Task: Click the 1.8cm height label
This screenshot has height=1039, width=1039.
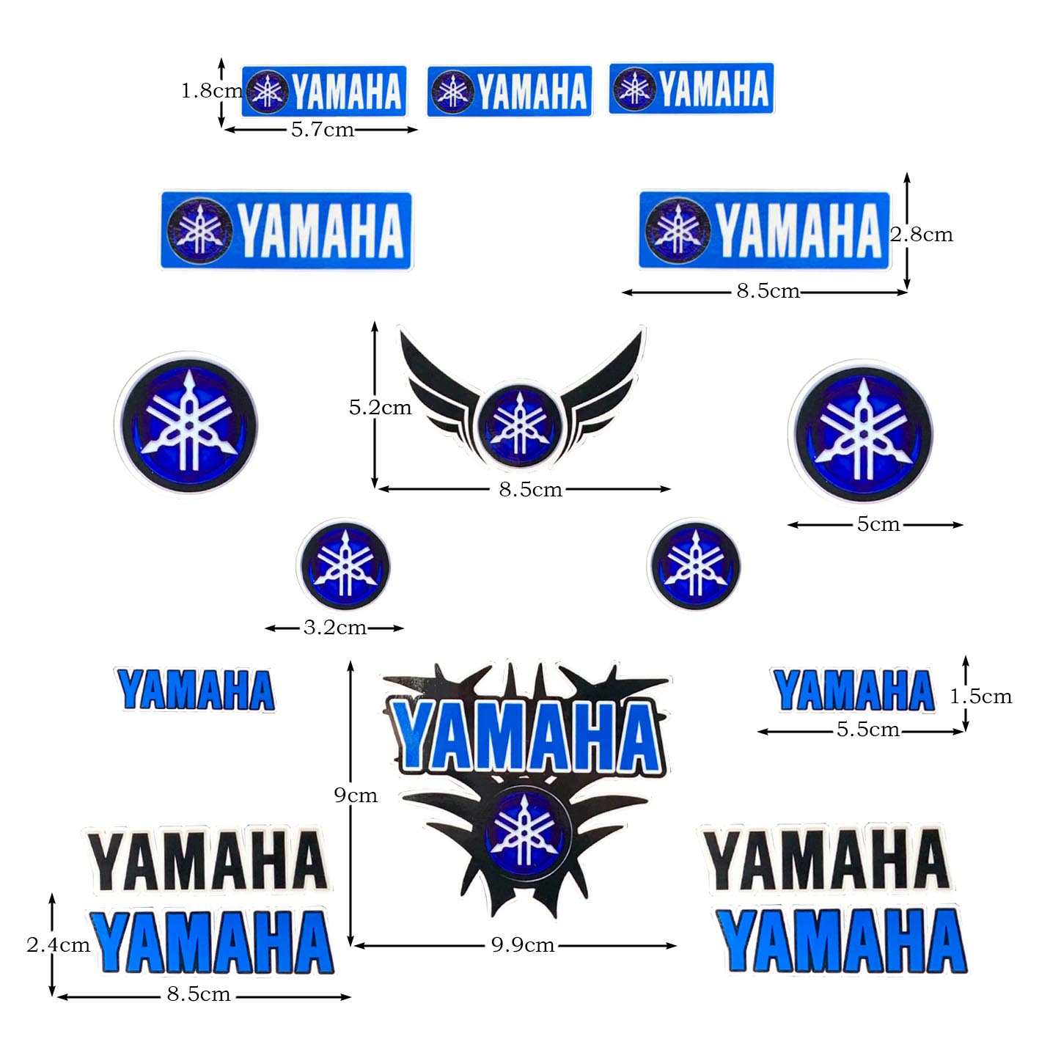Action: coord(211,91)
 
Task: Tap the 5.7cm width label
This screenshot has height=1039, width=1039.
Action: coord(322,130)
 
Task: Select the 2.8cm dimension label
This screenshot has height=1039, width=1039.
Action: coord(922,235)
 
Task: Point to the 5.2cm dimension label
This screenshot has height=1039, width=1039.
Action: coord(380,407)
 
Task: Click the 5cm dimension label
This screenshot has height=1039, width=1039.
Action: coord(878,524)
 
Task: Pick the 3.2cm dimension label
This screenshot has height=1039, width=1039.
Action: coord(334,628)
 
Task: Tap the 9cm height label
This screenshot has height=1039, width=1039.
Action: coord(356,795)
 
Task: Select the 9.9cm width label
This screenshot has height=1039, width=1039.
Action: coord(522,945)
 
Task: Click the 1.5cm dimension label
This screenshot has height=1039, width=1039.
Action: coord(981,696)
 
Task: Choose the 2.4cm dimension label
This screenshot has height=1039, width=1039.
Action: coord(58,944)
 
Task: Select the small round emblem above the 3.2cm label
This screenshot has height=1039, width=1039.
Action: coord(343,565)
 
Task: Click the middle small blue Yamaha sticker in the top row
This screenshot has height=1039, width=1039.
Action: coord(510,92)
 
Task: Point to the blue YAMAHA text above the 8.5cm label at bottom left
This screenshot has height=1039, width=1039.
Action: coord(213,943)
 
